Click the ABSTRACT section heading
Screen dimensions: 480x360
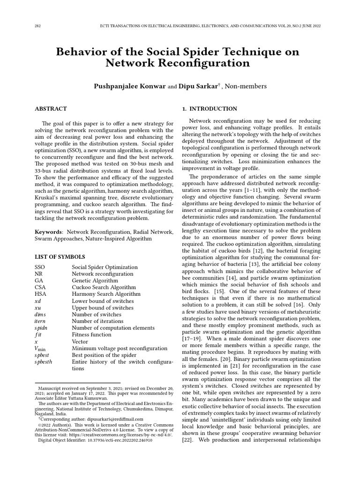click(x=51, y=109)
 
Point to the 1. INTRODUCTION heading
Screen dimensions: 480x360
click(x=209, y=109)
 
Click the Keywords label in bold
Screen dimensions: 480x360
click(x=49, y=232)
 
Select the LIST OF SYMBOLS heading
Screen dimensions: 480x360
click(x=60, y=257)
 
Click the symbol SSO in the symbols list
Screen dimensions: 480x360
click(x=40, y=267)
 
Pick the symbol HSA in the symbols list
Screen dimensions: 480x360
click(x=40, y=294)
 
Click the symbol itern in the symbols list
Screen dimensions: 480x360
click(x=41, y=321)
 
